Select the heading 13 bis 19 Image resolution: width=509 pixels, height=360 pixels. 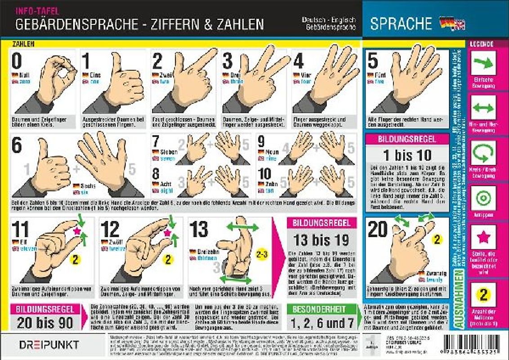pyautogui.click(x=321, y=239)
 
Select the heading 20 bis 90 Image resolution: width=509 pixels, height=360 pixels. pyautogui.click(x=45, y=323)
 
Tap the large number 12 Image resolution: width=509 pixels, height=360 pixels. pyautogui.click(x=110, y=229)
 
